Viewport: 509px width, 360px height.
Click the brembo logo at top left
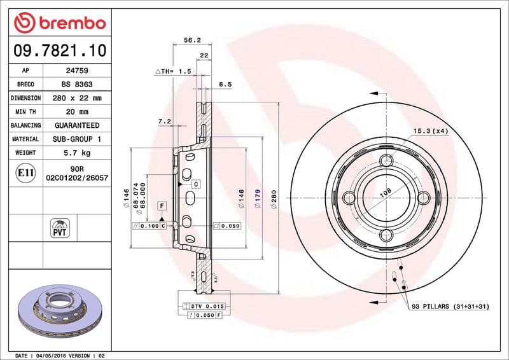(59, 24)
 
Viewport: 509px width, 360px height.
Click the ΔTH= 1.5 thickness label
(173, 72)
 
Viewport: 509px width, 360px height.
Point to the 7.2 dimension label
(165, 120)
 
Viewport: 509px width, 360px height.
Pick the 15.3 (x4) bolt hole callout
(431, 131)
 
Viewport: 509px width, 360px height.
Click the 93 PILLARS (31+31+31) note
(450, 307)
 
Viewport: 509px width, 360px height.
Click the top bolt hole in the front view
(387, 161)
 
